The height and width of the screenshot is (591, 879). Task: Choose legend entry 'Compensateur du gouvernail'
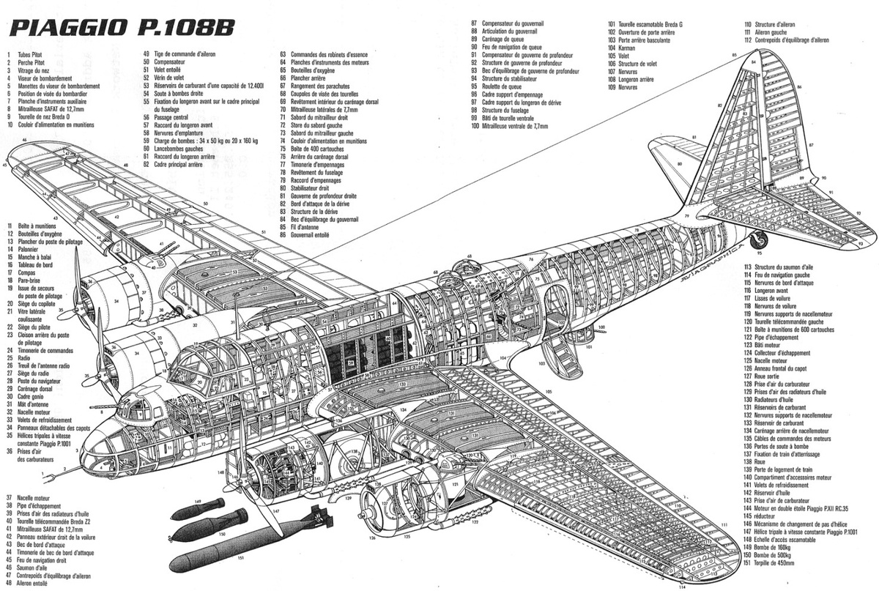tap(512, 23)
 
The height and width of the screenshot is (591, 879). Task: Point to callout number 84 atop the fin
tap(753, 63)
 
